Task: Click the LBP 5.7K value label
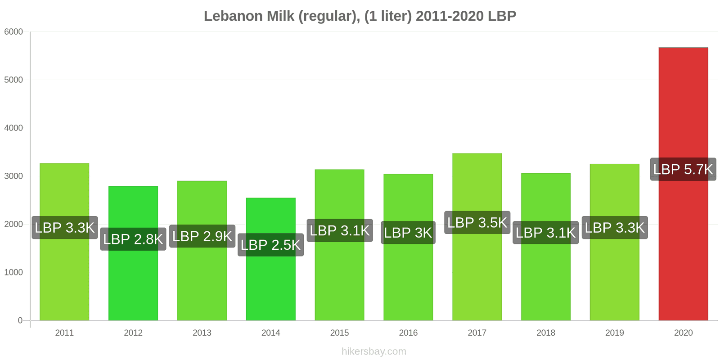(683, 169)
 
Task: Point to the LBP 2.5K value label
(270, 245)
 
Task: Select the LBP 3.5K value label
(477, 222)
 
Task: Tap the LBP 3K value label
(408, 233)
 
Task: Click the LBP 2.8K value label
(133, 239)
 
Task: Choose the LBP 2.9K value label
(202, 236)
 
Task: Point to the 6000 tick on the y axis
(13, 31)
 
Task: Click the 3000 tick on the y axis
(13, 176)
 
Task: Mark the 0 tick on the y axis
(20, 320)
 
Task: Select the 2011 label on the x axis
(64, 333)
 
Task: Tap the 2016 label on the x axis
(408, 333)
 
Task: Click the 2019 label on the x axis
(614, 333)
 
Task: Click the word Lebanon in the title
(233, 16)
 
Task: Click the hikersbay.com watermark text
(373, 351)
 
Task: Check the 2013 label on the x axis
(202, 333)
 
